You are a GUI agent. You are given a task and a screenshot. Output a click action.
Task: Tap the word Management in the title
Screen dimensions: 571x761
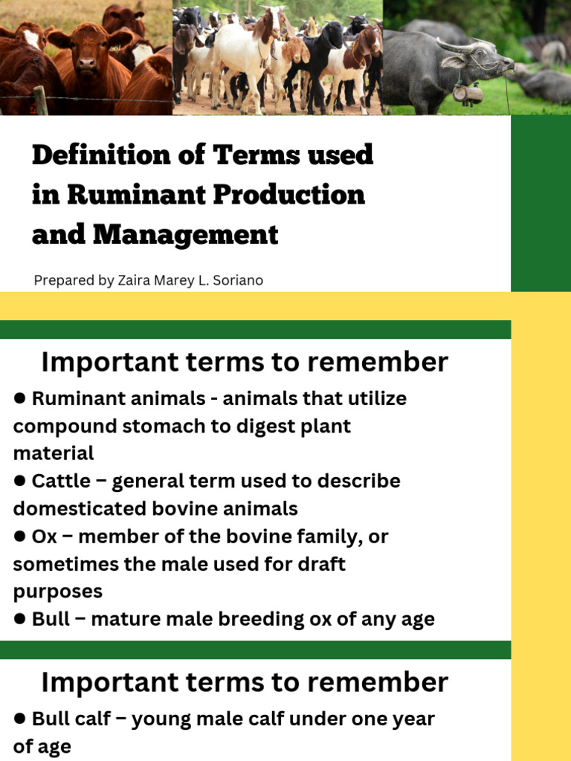[185, 236]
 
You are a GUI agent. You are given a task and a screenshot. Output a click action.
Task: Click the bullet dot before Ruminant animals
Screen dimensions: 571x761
[19, 398]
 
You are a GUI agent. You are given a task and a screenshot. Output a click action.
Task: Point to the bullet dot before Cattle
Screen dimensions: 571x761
[19, 481]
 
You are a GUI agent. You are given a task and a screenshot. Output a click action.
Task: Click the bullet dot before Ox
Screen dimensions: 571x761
[19, 536]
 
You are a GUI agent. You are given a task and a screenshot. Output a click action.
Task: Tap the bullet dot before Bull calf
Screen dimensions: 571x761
[19, 719]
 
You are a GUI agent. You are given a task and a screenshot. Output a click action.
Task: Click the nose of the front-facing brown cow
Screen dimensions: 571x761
[88, 62]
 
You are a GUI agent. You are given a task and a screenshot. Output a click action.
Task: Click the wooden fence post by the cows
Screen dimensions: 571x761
[41, 100]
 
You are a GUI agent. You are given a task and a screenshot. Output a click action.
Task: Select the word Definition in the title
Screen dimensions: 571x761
[101, 155]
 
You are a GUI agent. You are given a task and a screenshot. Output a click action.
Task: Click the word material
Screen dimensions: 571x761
[54, 453]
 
